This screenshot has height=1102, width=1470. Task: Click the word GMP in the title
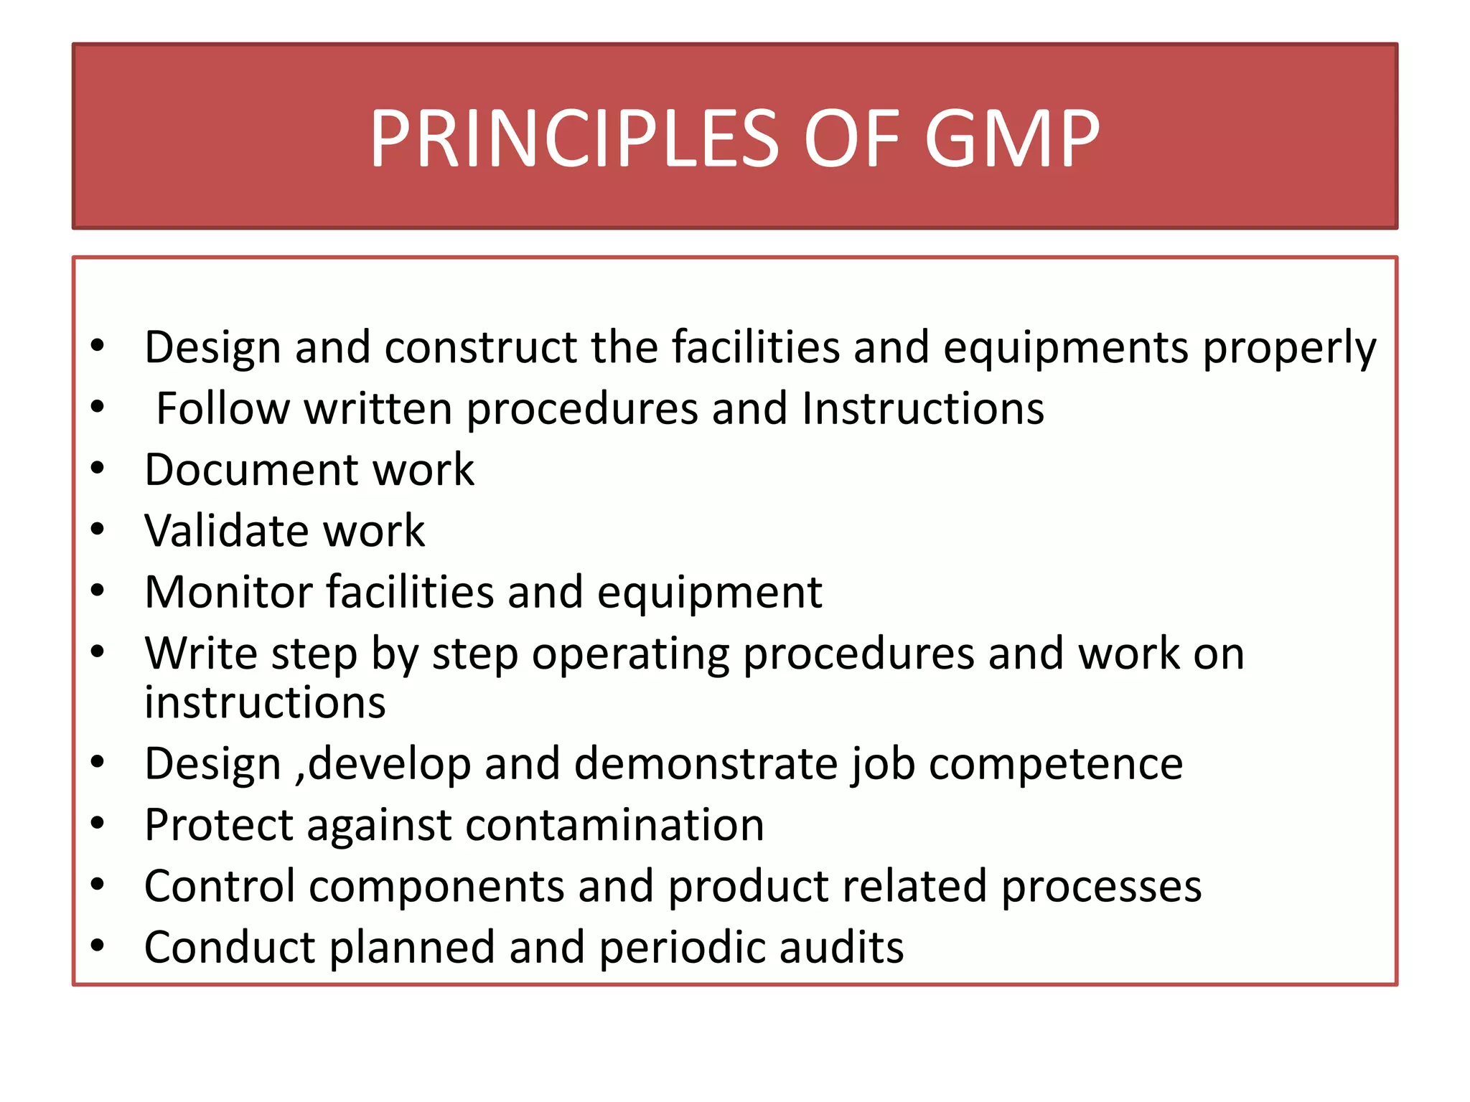pos(1012,138)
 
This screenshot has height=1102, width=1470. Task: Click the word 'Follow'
pos(223,409)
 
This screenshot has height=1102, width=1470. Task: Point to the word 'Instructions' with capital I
pos(922,409)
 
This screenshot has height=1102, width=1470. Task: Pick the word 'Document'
pos(249,470)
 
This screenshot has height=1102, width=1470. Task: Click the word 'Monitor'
pos(229,593)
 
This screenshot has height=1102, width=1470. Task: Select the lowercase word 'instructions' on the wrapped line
pos(265,702)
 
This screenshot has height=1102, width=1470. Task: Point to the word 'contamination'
pos(615,825)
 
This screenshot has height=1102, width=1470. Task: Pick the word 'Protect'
pos(219,825)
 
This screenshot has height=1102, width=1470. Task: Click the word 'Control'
pos(220,886)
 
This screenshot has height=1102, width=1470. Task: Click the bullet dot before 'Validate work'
pos(98,529)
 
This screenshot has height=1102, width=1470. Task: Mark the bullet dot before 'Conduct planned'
pos(98,946)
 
